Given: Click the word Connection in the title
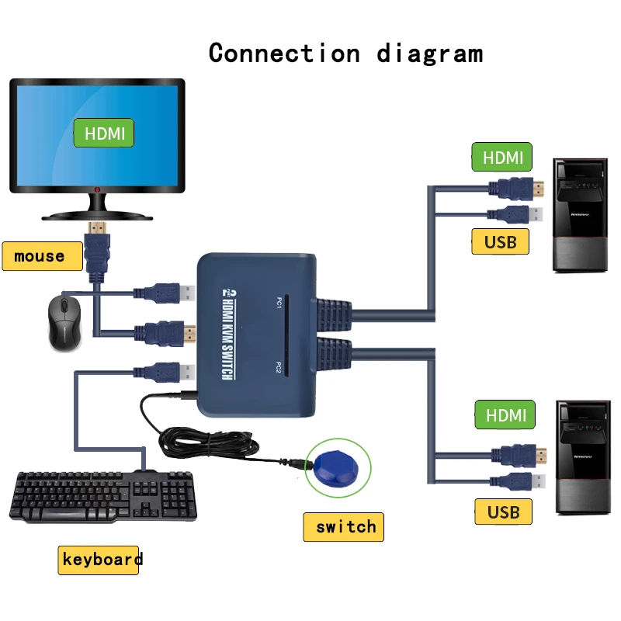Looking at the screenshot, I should [284, 53].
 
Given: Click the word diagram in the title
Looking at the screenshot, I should [429, 54].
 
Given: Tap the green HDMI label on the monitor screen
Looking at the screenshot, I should [104, 133].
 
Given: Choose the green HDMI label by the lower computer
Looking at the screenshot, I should [505, 415].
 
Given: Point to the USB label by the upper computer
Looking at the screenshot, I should [501, 241].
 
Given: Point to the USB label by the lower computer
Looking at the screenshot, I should [503, 512].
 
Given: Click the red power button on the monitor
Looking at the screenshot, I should [96, 189].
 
